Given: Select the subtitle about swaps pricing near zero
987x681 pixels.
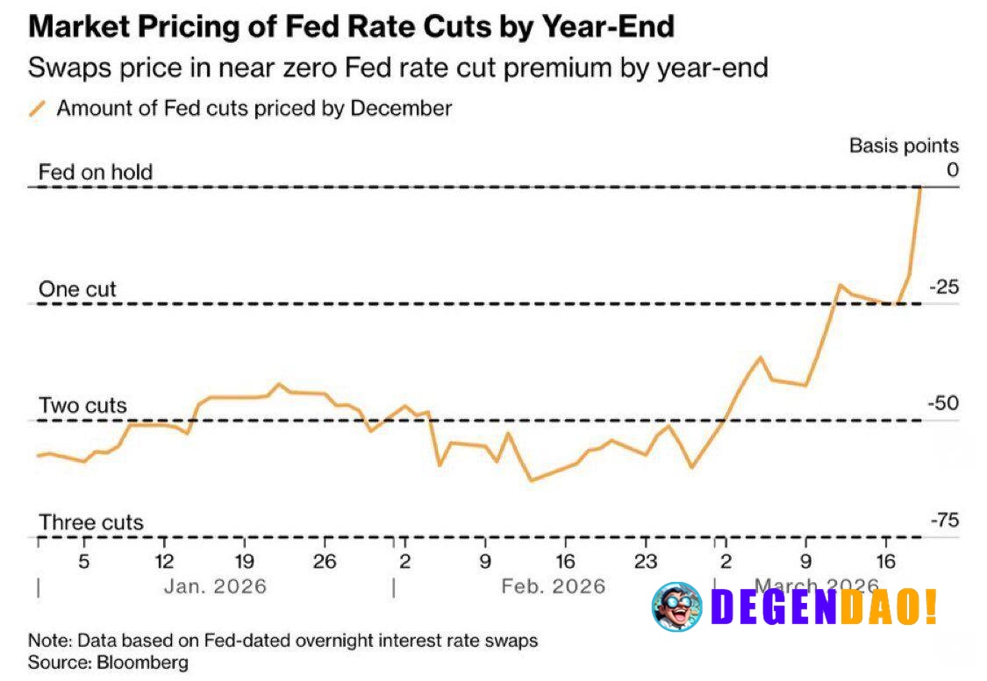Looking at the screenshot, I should (398, 67).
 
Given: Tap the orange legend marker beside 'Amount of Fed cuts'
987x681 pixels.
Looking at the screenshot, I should (38, 109).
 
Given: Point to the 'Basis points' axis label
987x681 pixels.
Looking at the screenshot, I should (903, 145).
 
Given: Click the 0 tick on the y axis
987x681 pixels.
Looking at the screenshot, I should (952, 169).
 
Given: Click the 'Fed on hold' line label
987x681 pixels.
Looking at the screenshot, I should (95, 172).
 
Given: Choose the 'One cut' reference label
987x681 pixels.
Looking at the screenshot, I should (77, 289).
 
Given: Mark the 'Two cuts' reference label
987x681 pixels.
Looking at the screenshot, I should (82, 406).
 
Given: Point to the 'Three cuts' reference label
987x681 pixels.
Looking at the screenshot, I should (90, 523).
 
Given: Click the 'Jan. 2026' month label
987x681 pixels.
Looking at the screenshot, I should (215, 585).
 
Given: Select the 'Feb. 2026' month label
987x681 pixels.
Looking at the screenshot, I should (553, 585).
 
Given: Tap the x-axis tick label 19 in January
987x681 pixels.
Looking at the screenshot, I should (245, 561).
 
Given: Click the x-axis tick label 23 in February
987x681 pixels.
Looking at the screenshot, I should (646, 561).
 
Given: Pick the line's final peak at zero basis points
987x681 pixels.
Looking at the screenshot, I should (919, 188).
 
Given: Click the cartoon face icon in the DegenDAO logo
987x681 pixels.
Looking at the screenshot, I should (676, 607).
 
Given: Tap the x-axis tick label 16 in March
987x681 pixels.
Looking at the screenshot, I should (886, 561).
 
